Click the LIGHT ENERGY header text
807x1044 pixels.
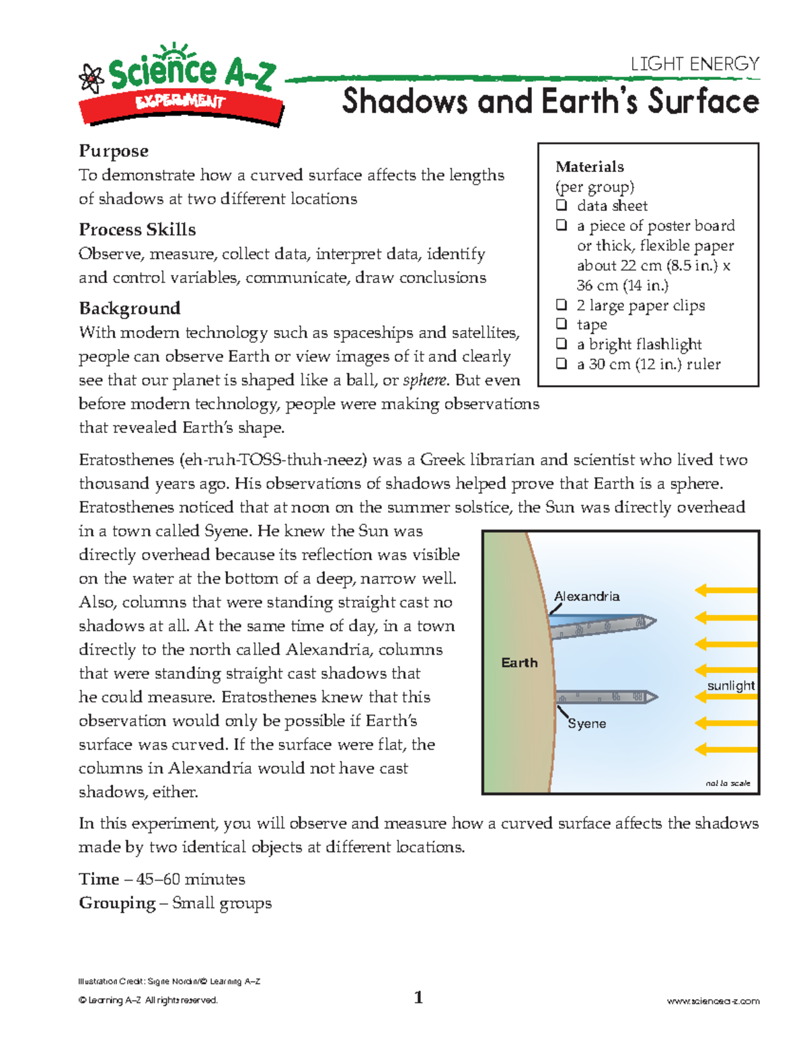[695, 64]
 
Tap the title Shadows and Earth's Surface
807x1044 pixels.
[550, 102]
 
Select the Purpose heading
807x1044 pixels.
[114, 151]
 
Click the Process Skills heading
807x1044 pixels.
[137, 229]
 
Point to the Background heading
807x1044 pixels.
[129, 308]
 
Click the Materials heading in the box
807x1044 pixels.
[589, 167]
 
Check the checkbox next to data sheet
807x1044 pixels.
[562, 205]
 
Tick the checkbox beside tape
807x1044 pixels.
[562, 324]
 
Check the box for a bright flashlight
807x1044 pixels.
[562, 344]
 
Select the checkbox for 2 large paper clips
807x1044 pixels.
[562, 305]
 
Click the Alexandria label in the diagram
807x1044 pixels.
[586, 596]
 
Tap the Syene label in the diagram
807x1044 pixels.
[586, 723]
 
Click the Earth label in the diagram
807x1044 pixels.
[519, 663]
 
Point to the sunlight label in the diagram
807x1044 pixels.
[730, 685]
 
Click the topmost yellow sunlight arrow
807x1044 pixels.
[726, 590]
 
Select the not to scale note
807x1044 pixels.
[728, 783]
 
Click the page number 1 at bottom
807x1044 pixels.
[418, 998]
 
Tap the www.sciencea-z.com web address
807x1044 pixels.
[713, 1001]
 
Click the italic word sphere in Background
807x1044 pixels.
[424, 380]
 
